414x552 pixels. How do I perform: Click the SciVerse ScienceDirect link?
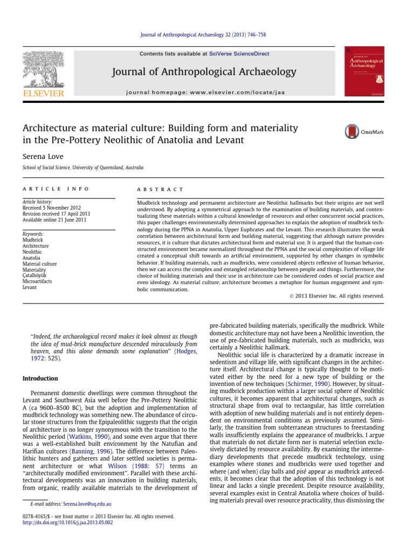click(x=240, y=54)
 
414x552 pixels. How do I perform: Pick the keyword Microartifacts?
click(x=38, y=281)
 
